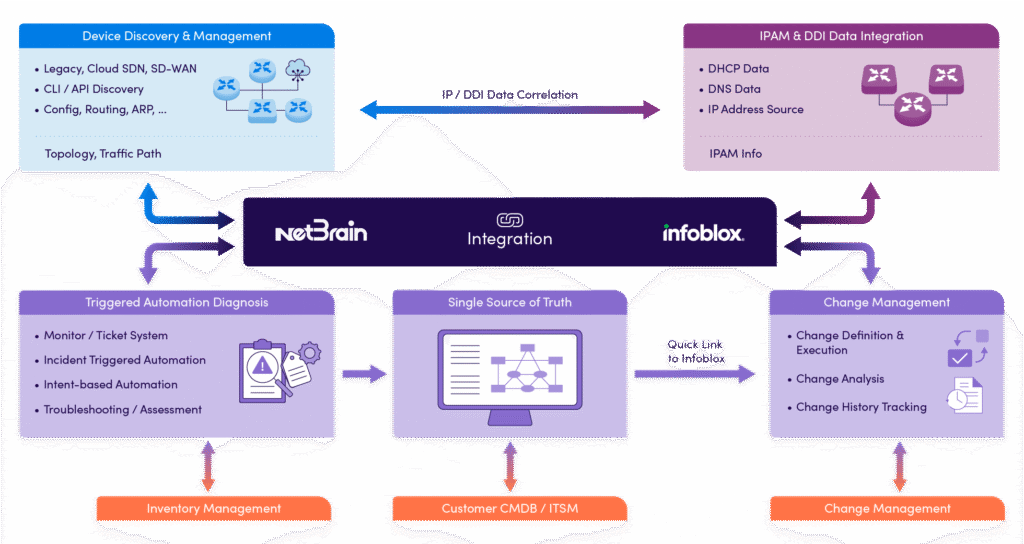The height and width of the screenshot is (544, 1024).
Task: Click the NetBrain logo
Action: tap(321, 232)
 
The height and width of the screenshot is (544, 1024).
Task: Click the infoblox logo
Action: tap(703, 233)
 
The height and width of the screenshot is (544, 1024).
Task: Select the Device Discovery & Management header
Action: tap(177, 37)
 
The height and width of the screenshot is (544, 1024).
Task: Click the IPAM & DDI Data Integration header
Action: tap(840, 37)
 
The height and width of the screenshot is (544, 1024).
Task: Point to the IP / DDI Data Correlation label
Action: tap(510, 95)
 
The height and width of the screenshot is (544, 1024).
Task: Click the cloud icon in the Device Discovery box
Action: tap(297, 69)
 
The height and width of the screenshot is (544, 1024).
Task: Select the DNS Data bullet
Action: tap(734, 89)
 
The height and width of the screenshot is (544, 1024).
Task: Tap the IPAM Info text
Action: tap(736, 153)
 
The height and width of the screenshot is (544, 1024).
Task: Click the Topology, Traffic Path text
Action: tap(103, 154)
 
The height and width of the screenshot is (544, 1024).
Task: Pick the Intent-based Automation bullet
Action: tap(110, 384)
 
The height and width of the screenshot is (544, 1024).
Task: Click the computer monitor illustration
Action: tap(510, 375)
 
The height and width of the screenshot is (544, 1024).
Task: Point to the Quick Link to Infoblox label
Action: tap(696, 351)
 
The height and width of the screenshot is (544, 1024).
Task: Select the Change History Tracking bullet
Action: tap(861, 407)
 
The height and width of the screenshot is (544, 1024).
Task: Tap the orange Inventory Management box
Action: tap(214, 509)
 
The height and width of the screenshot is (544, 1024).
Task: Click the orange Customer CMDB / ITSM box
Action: tap(510, 509)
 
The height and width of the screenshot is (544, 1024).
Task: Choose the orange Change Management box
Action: tap(887, 509)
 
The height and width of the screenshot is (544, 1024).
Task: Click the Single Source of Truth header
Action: tap(510, 303)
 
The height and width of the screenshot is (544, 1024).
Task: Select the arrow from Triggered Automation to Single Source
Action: tap(363, 374)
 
